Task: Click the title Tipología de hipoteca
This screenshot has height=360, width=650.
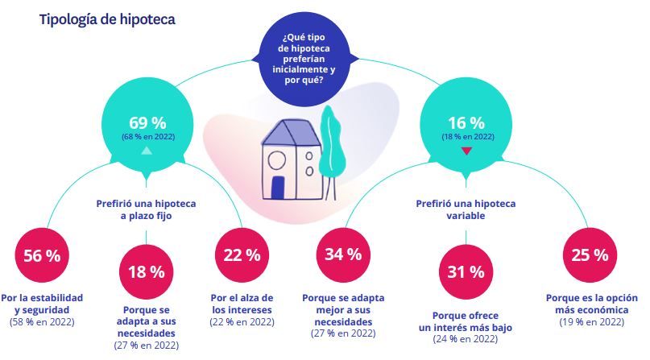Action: pyautogui.click(x=106, y=19)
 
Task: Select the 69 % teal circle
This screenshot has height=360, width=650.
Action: pyautogui.click(x=147, y=126)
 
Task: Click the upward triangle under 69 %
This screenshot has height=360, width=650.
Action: pyautogui.click(x=147, y=151)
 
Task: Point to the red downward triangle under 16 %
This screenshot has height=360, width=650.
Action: pyautogui.click(x=466, y=151)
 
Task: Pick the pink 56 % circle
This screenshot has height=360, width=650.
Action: pyautogui.click(x=41, y=256)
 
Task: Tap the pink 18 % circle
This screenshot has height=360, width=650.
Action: pyautogui.click(x=146, y=272)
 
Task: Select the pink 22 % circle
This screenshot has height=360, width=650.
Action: pyautogui.click(x=241, y=256)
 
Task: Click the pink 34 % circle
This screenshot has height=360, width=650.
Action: pyautogui.click(x=343, y=256)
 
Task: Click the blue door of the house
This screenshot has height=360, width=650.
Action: pyautogui.click(x=278, y=188)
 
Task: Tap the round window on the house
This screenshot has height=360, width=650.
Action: pyautogui.click(x=276, y=157)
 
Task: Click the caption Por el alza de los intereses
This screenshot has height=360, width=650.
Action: pyautogui.click(x=241, y=303)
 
